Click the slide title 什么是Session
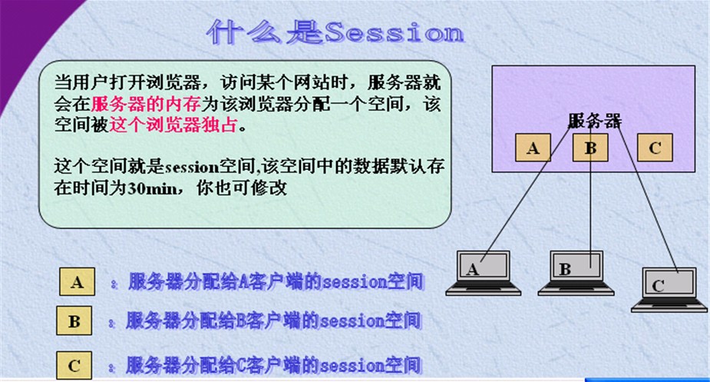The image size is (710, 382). coord(335,32)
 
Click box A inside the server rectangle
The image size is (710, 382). coord(533,148)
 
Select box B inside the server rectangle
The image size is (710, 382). coord(589,148)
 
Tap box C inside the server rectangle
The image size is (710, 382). coord(654,148)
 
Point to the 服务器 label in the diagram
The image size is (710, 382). coord(595,121)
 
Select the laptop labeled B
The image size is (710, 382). coord(576,271)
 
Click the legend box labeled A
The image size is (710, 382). coord(76,282)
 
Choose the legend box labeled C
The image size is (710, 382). coord(74,366)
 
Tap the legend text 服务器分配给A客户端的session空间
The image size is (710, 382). coord(276,282)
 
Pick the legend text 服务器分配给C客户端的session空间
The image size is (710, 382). coord(273,364)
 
